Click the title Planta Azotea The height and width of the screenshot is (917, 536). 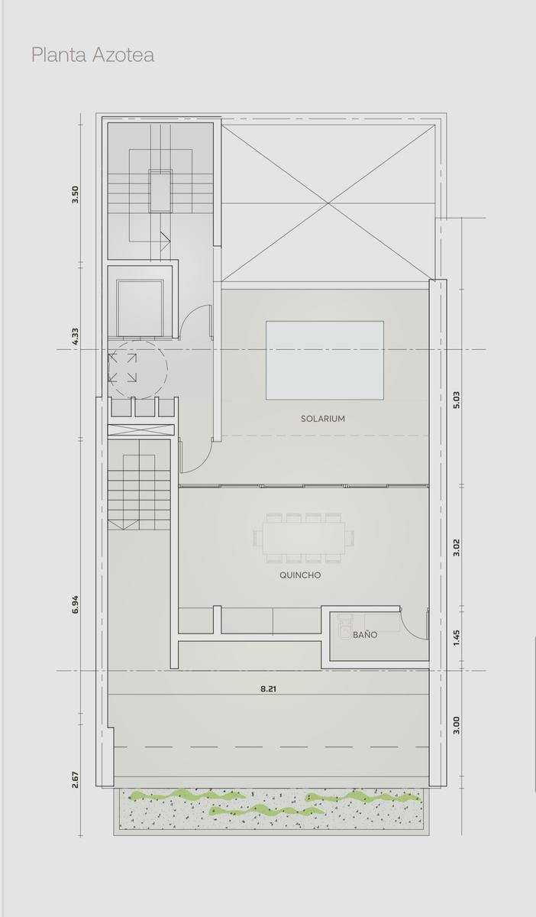93,55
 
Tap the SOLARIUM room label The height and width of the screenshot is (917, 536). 323,419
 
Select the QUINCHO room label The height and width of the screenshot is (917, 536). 300,575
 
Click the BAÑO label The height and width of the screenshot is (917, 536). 365,634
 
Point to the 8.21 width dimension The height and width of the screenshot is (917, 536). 269,689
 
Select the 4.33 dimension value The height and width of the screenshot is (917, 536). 76,336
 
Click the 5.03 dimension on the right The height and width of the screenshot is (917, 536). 457,400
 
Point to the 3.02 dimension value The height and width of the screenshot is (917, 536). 457,547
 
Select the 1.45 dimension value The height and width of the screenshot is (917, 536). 457,638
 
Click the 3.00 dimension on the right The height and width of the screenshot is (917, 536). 457,737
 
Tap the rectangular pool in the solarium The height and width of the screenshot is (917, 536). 325,360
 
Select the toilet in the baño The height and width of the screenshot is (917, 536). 345,625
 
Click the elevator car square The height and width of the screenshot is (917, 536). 140,308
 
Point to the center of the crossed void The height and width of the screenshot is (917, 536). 328,203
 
